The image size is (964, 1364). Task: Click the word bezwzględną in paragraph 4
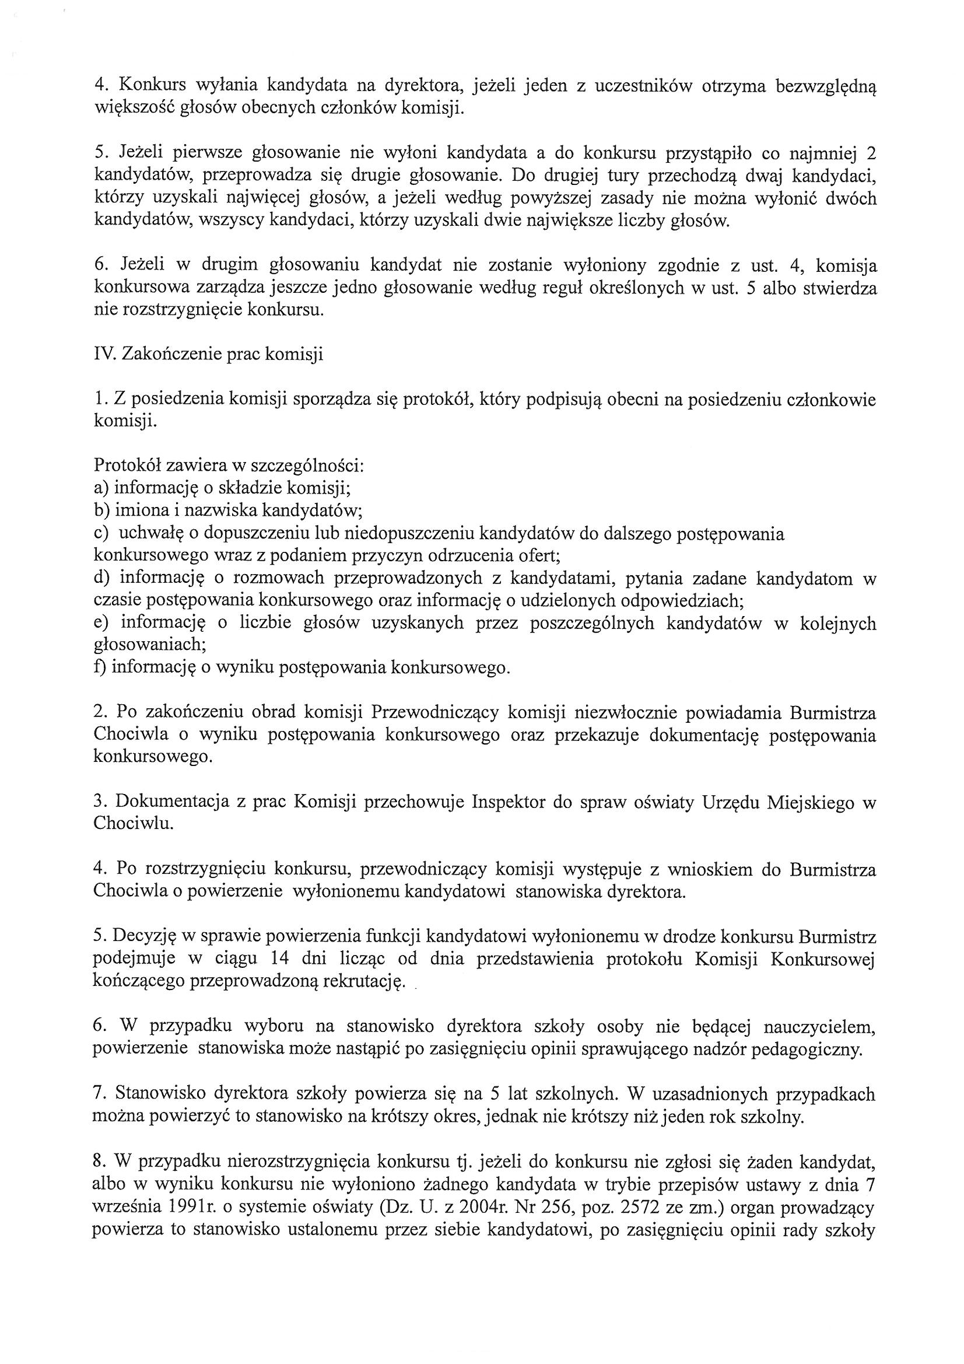[x=826, y=88]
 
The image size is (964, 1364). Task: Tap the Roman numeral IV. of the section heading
[x=104, y=355]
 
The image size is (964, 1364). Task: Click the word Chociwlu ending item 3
[x=133, y=824]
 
